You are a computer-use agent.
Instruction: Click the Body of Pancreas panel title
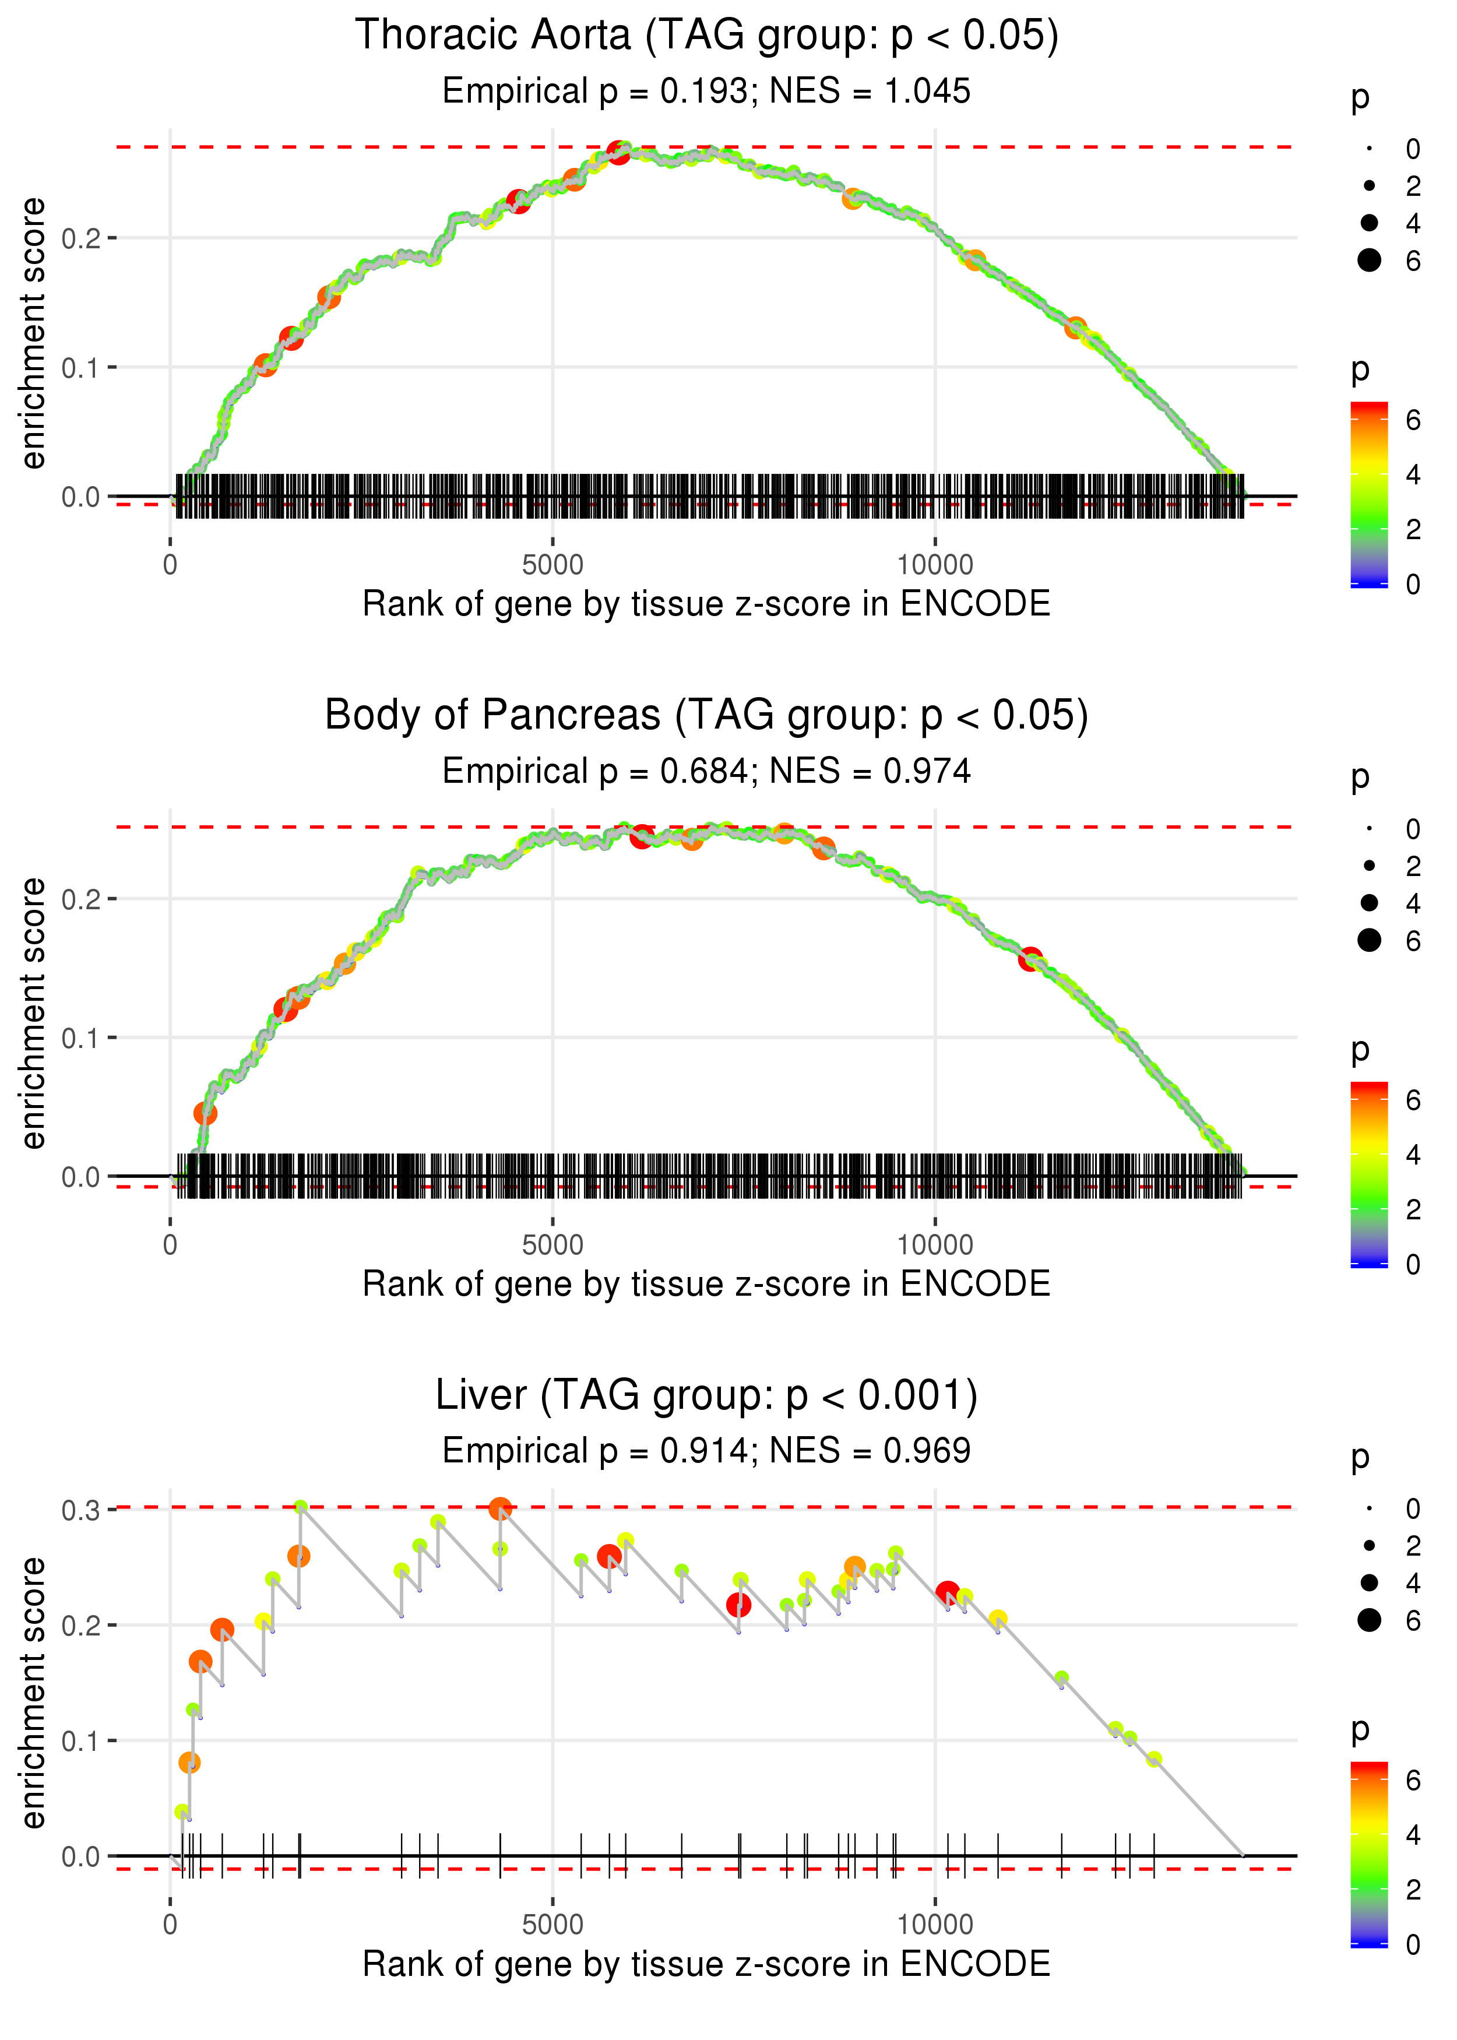(x=706, y=716)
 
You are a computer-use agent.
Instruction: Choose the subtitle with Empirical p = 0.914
(x=706, y=1451)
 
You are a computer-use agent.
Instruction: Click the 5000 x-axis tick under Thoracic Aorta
(x=552, y=565)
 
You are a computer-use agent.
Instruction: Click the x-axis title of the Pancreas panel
(x=706, y=1284)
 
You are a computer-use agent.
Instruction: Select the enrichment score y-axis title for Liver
(x=33, y=1694)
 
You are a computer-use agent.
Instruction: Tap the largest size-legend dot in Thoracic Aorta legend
(x=1369, y=260)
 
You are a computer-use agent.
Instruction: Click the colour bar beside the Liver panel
(x=1369, y=1853)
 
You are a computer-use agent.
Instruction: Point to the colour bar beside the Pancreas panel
(x=1369, y=1173)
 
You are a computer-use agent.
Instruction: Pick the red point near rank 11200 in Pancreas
(x=1030, y=959)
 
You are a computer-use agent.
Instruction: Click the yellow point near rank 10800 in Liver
(x=998, y=1619)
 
